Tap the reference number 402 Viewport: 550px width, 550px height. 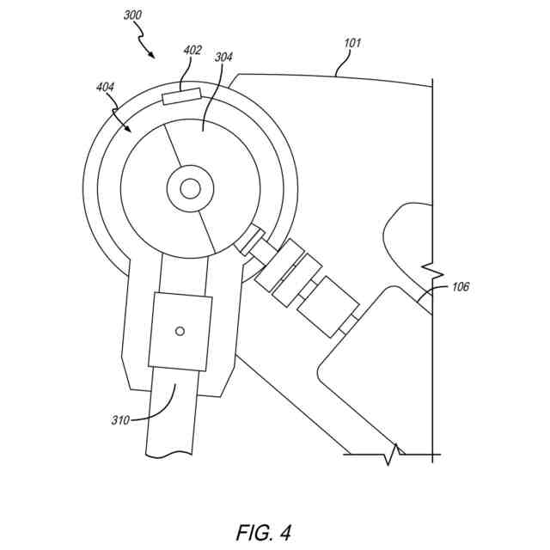192,50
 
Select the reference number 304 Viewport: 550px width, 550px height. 223,58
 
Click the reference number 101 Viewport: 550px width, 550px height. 352,41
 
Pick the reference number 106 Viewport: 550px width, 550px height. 460,287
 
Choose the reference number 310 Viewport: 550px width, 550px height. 120,420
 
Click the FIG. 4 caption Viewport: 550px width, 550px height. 263,532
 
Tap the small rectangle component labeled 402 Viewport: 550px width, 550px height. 181,96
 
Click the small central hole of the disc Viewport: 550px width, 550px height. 191,187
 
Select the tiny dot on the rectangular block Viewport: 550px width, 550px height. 180,331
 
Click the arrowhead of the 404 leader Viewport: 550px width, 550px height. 130,131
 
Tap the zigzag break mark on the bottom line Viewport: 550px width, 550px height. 395,453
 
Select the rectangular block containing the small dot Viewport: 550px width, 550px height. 180,332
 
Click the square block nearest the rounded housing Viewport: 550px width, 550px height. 328,307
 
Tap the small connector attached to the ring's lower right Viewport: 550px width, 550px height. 249,240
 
